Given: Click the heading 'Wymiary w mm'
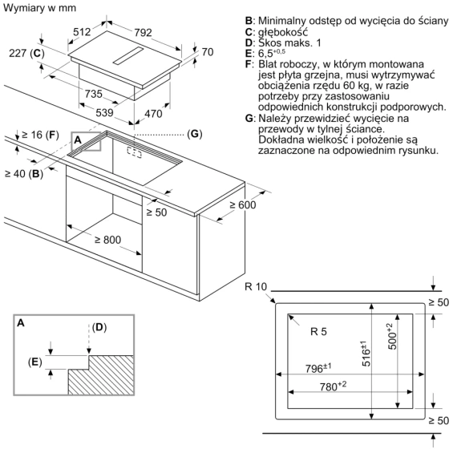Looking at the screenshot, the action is pos(39,8).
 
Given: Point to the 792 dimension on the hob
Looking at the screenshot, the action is pos(143,32).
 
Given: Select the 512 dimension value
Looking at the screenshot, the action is pos(82,31).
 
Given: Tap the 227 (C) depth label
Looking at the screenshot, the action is pos(26,53).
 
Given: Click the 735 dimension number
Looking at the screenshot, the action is pos(94,94).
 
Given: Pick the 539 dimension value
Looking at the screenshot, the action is pos(104,112).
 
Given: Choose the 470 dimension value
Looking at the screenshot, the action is pos(153,114).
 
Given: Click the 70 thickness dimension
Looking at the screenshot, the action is pos(208,52).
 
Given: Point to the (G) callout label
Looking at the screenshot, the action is pos(195,134).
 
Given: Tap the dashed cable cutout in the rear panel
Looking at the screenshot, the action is pos(134,152).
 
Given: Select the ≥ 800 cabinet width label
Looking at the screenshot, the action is pos(107,240).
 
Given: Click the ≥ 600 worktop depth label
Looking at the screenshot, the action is pos(243,204).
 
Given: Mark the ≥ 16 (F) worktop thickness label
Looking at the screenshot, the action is pos(40,135).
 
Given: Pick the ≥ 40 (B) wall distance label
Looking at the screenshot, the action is pos(24,174).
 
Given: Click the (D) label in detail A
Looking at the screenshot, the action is pos(99,327).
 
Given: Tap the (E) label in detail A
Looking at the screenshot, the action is pos(35,362).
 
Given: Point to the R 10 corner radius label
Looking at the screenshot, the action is pos(256,286).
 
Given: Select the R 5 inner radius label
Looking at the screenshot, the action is pos(318,331).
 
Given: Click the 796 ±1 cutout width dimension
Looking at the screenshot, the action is pos(318,368).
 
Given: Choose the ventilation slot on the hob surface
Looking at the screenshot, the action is pos(128,55).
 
